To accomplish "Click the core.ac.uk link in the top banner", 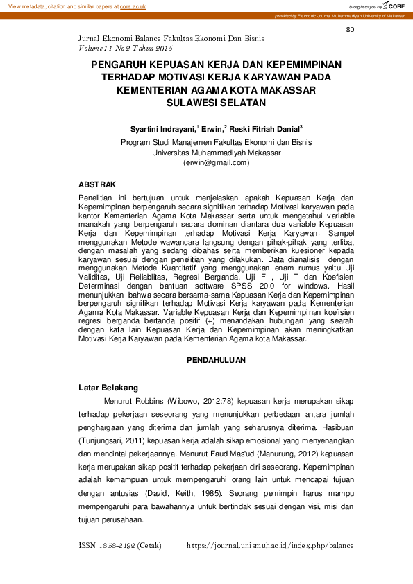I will pos(133,6).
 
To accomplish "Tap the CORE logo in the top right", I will pos(394,6).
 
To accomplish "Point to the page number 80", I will pos(350,29).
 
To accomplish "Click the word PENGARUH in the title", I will pos(121,65).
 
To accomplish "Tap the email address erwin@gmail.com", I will pos(216,162).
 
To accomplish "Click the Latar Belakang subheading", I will pos(108,387).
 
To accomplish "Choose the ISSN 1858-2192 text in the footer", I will pos(121,545).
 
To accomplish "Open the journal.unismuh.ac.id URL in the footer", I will pos(270,545).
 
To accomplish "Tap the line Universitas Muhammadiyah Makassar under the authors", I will pos(216,153).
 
